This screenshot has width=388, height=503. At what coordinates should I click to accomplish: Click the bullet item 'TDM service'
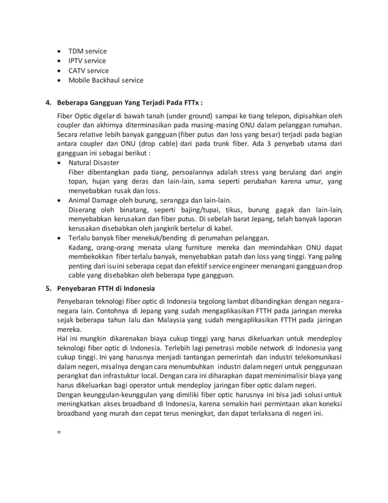[87, 51]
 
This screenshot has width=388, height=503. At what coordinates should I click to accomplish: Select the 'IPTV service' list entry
[87, 61]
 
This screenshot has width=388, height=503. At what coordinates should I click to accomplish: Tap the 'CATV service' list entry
[88, 71]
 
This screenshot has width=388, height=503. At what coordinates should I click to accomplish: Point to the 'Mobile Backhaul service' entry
[106, 80]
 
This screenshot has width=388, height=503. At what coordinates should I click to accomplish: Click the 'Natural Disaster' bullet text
[94, 163]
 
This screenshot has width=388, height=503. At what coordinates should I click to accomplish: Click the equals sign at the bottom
[58, 433]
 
